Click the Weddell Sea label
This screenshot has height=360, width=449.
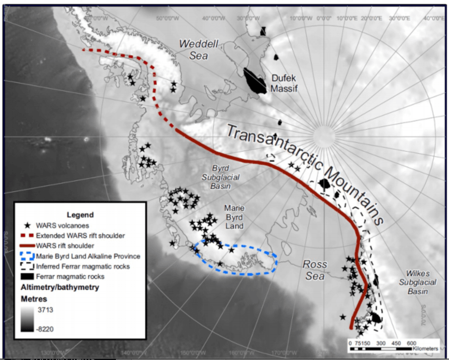pos(199,49)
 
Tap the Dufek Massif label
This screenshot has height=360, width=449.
pos(284,84)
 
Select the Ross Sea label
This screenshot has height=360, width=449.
pos(315,270)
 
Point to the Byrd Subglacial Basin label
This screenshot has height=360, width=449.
pos(221,177)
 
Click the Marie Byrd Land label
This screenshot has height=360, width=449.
pos(234,217)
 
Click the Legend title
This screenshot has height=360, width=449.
pos(80,215)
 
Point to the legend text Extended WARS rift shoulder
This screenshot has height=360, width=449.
pos(80,236)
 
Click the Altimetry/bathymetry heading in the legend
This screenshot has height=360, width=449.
pos(60,287)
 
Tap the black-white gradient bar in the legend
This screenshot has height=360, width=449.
pos(27,319)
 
